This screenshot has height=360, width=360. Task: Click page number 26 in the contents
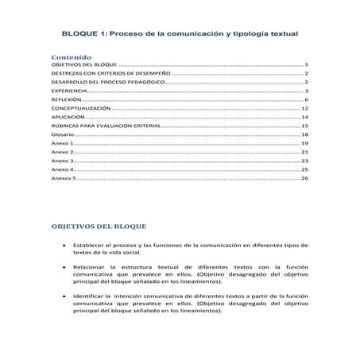click(305, 179)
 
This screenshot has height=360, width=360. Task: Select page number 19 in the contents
click(305, 144)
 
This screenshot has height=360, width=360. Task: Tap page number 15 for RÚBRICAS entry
click(305, 126)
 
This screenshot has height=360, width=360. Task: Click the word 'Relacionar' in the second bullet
click(92, 268)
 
